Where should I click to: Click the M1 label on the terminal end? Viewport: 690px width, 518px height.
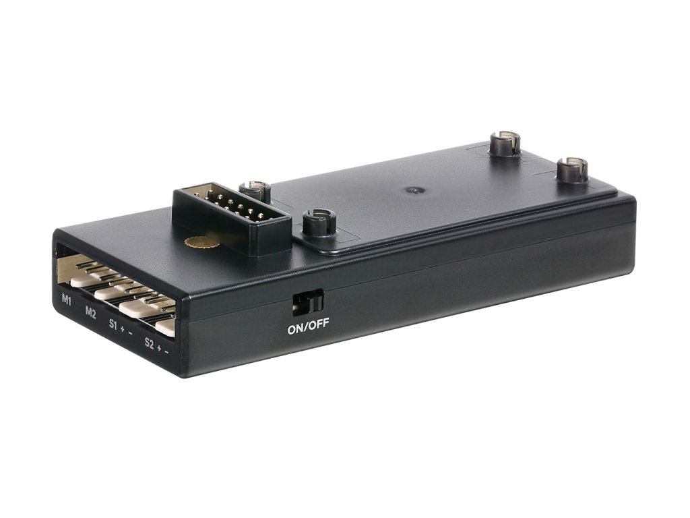point(67,299)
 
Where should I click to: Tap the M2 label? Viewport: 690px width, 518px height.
point(91,312)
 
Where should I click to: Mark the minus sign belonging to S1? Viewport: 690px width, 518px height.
point(131,333)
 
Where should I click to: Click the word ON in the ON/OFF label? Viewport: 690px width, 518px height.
point(296,328)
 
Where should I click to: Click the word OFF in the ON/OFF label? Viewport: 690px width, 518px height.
point(319,324)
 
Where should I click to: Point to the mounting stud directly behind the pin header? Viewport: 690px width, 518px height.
point(255,192)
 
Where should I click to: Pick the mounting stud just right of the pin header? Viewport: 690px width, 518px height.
point(319,222)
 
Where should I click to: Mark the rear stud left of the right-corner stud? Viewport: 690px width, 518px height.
point(504,142)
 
